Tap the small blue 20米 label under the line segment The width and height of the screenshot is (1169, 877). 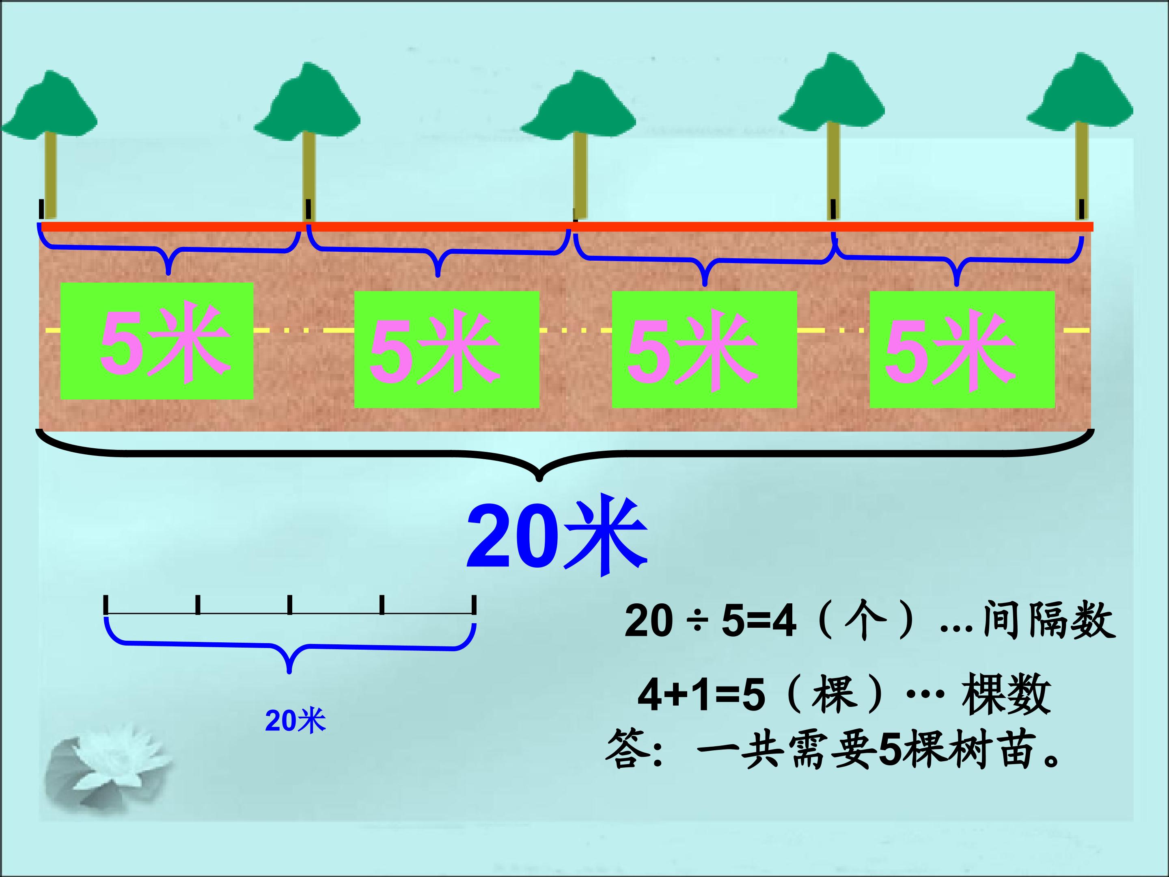click(295, 721)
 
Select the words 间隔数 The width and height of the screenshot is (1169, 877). click(1048, 620)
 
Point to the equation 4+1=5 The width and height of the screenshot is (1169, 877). click(701, 695)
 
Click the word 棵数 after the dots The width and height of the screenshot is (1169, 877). click(1006, 693)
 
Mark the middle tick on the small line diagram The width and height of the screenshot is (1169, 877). click(289, 605)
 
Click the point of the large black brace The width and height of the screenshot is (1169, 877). click(539, 480)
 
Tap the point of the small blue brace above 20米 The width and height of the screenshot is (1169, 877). click(289, 672)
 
